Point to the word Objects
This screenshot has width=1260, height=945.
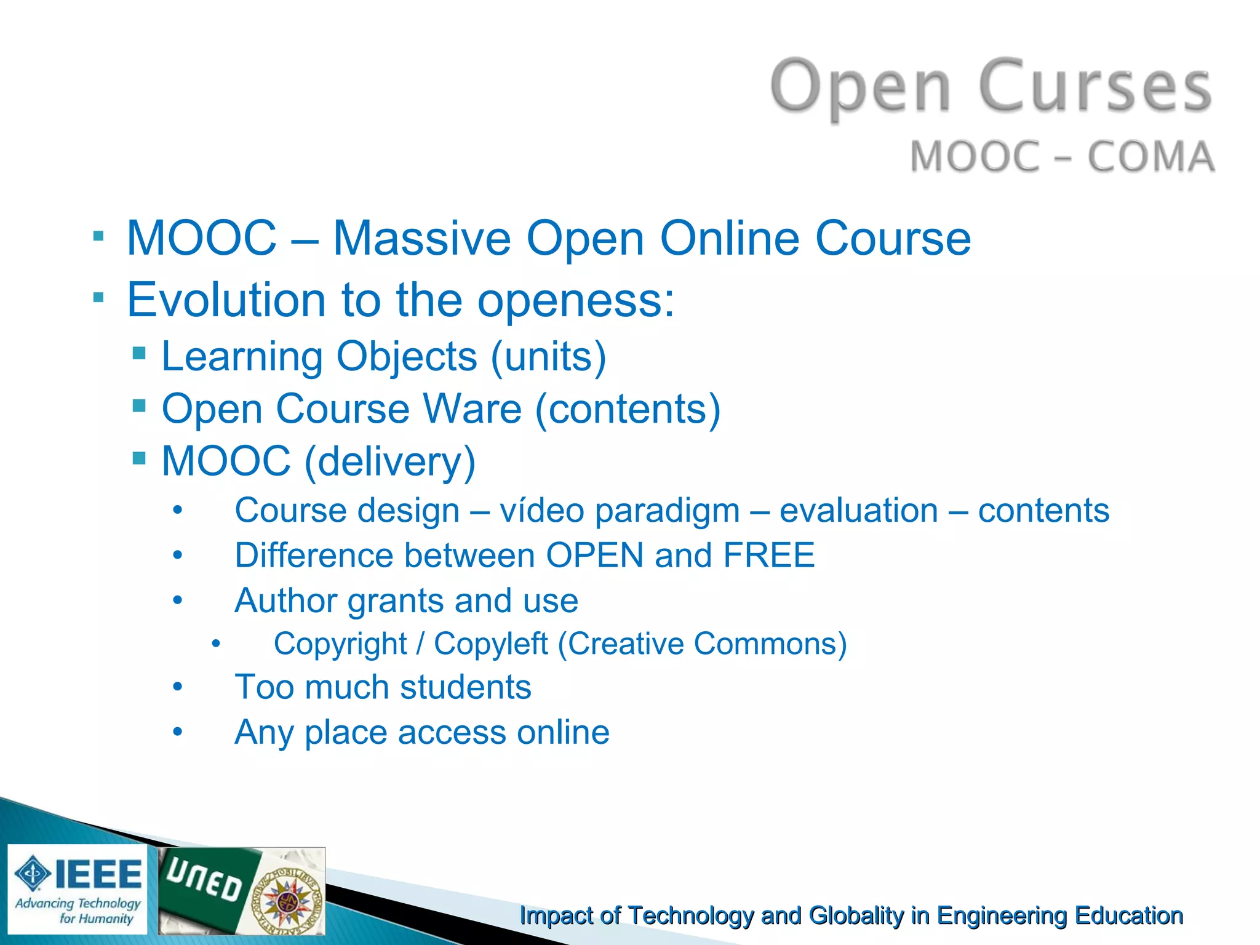(x=407, y=357)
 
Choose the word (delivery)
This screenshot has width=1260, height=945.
(x=390, y=461)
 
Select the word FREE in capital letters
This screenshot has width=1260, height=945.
(x=768, y=556)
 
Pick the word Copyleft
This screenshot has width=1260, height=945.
(x=490, y=644)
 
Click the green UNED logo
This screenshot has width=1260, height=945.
(x=206, y=886)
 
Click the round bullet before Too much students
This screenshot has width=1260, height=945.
(x=178, y=687)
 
